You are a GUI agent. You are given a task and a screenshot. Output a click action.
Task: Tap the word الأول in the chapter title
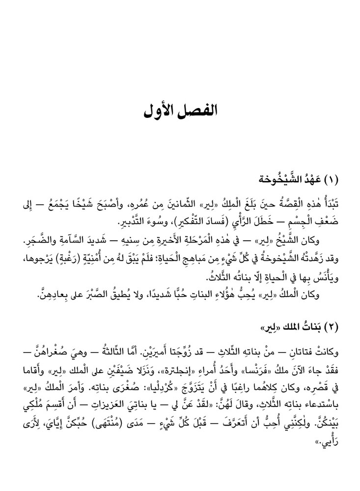[161, 109]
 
